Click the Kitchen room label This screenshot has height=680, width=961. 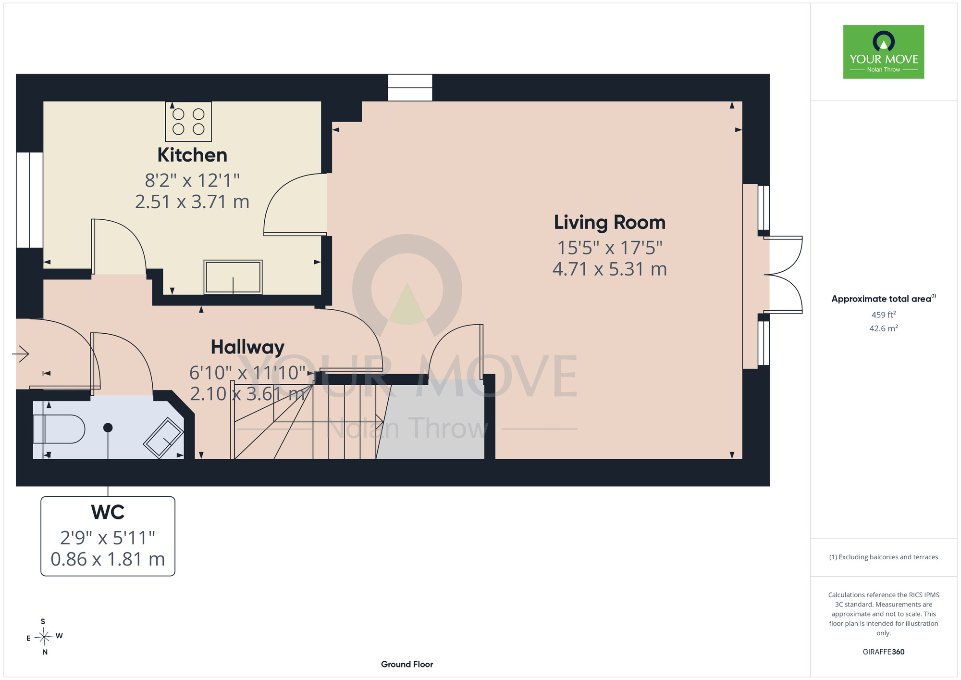click(192, 155)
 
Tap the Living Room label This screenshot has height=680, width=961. click(610, 222)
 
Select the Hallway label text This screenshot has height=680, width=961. click(247, 347)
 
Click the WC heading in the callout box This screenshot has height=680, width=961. click(108, 512)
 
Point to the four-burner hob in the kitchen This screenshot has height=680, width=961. click(188, 121)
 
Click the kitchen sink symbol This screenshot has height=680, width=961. click(233, 277)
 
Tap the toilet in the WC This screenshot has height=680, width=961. click(61, 428)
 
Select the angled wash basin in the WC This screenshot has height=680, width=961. click(163, 438)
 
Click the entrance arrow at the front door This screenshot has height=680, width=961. click(21, 354)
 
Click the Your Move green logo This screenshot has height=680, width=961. click(884, 52)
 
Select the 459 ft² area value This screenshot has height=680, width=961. click(884, 315)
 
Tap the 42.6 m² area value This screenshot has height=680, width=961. click(884, 328)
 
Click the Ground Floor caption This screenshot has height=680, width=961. click(407, 664)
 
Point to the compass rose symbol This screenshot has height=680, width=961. click(44, 637)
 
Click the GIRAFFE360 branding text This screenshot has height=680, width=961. click(884, 652)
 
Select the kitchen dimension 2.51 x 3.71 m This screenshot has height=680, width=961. click(192, 202)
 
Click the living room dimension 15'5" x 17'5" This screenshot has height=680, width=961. click(610, 248)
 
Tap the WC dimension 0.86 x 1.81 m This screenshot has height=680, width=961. click(108, 559)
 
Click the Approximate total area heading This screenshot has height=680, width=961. click(884, 299)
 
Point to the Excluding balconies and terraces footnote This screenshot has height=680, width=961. click(884, 557)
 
